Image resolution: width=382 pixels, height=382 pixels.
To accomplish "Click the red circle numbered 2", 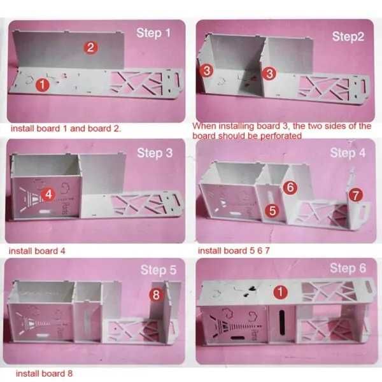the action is point(90,48).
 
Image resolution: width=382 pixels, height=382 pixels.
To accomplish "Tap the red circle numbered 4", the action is point(48,194).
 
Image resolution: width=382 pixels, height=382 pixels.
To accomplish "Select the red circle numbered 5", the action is point(272,211).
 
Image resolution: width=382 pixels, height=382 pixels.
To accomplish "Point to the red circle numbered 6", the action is point(290,187).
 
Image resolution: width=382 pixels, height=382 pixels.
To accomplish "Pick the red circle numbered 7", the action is point(356,195).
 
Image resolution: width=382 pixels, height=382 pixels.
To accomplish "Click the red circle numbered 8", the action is point(156,295).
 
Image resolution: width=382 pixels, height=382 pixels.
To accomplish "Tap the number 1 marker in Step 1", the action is point(43,85).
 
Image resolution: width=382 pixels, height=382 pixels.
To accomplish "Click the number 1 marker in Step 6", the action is point(280,292).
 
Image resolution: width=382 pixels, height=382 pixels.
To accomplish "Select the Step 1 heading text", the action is point(153,33).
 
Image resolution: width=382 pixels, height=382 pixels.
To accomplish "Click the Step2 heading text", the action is point(348,36).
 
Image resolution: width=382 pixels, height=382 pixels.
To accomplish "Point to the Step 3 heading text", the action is point(155,153).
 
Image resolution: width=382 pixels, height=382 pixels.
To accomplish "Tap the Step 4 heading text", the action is point(348,153).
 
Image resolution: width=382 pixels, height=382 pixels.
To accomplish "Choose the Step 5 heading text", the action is point(159,270).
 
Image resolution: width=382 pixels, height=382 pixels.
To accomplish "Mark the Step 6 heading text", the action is point(348,268).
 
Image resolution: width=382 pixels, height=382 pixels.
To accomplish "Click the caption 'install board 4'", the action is point(37,251).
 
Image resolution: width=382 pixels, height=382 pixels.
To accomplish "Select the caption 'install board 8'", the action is point(44,374).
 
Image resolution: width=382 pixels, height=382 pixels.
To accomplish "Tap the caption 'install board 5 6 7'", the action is point(234,251).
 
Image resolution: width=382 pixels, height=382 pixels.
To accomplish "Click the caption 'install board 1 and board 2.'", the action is point(66,129).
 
